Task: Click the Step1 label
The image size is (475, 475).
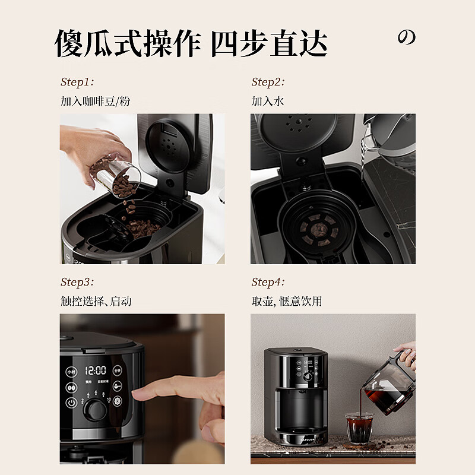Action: (77, 83)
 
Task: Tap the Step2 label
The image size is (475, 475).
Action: (268, 83)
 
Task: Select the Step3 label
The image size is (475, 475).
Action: (77, 282)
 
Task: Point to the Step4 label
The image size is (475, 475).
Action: (268, 282)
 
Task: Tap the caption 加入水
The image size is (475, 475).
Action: (268, 102)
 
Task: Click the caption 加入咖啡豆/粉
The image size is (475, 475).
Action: (95, 102)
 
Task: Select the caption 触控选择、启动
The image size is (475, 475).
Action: (96, 302)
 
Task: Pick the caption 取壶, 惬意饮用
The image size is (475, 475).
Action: (286, 302)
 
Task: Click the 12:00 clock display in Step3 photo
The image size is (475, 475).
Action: (96, 370)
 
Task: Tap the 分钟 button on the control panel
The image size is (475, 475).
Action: (117, 370)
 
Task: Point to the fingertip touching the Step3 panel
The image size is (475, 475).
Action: (137, 393)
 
